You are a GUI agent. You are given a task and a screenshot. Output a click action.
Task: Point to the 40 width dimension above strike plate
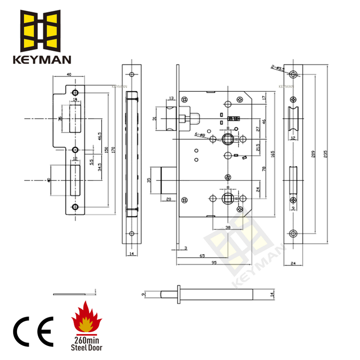[69, 75]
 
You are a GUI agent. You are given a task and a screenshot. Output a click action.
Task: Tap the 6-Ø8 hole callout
[200, 135]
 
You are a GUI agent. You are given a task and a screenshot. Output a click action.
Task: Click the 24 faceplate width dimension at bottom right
[293, 264]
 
